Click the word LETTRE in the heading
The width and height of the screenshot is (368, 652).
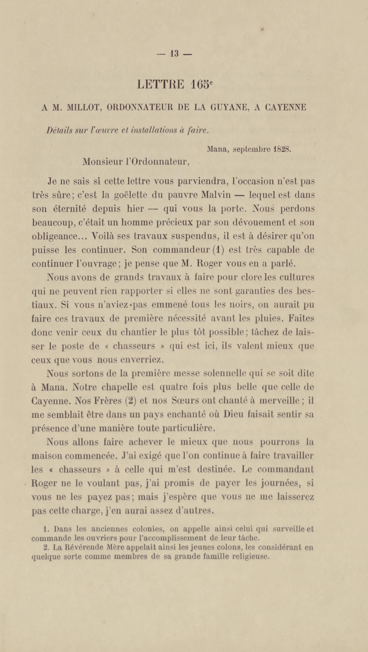[x=161, y=84]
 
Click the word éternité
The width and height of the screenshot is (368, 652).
[x=70, y=209]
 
